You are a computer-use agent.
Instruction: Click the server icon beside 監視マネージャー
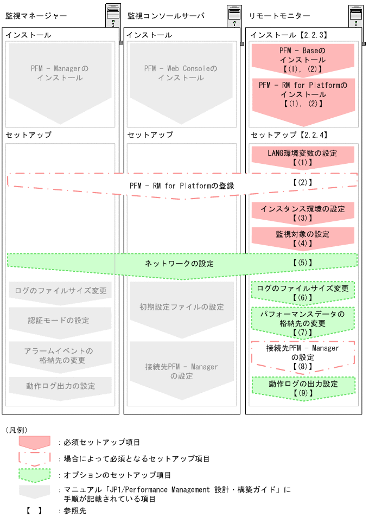pyautogui.click(x=113, y=16)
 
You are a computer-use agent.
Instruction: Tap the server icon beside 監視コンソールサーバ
pyautogui.click(x=235, y=16)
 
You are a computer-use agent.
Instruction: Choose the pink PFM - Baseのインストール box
pyautogui.click(x=302, y=59)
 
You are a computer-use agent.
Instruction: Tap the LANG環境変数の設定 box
pyautogui.click(x=302, y=157)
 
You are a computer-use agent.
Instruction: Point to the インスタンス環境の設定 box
pyautogui.click(x=302, y=212)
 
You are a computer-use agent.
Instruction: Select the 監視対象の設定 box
pyautogui.click(x=302, y=238)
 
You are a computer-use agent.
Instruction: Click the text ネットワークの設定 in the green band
pyautogui.click(x=179, y=264)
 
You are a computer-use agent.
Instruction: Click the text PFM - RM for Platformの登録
pyautogui.click(x=182, y=186)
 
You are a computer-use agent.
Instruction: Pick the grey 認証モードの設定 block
pyautogui.click(x=60, y=321)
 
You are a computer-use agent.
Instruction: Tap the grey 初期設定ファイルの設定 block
pyautogui.click(x=181, y=308)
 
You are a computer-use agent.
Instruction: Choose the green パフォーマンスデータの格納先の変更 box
pyautogui.click(x=302, y=322)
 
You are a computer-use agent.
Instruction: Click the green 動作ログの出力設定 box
pyautogui.click(x=302, y=387)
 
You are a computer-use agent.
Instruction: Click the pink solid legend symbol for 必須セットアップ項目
pyautogui.click(x=34, y=443)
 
